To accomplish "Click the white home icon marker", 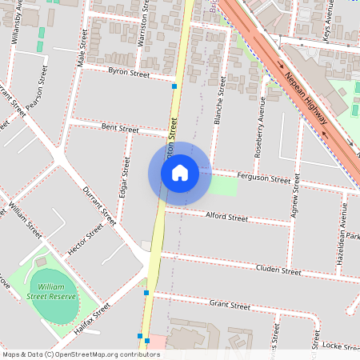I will click(x=179, y=173).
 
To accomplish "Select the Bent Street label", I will click(x=120, y=128).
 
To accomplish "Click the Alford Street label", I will click(x=227, y=217).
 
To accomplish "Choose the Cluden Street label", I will click(x=278, y=271).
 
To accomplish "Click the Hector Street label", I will click(x=86, y=239).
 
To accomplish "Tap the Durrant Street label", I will click(x=99, y=206).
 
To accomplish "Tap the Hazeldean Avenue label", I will click(x=342, y=233).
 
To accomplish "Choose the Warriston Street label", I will click(x=142, y=27).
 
